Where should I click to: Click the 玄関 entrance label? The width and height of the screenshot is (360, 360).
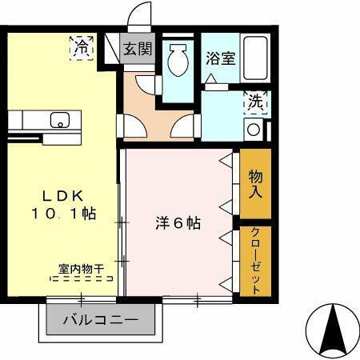coord(138,49)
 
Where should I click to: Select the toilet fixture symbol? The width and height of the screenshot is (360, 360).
coord(178,60)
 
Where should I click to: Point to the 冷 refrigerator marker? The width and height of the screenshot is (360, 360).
coord(82,47)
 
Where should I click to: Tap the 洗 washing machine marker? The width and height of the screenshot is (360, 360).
coord(254,102)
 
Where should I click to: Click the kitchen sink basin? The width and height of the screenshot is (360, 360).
coord(58,122)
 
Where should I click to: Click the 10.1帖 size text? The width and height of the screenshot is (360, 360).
coord(64,214)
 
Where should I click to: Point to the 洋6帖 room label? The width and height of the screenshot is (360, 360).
coord(178,224)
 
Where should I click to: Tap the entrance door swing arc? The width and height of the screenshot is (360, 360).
coord(142,14)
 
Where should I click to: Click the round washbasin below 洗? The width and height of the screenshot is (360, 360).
coord(254,129)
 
